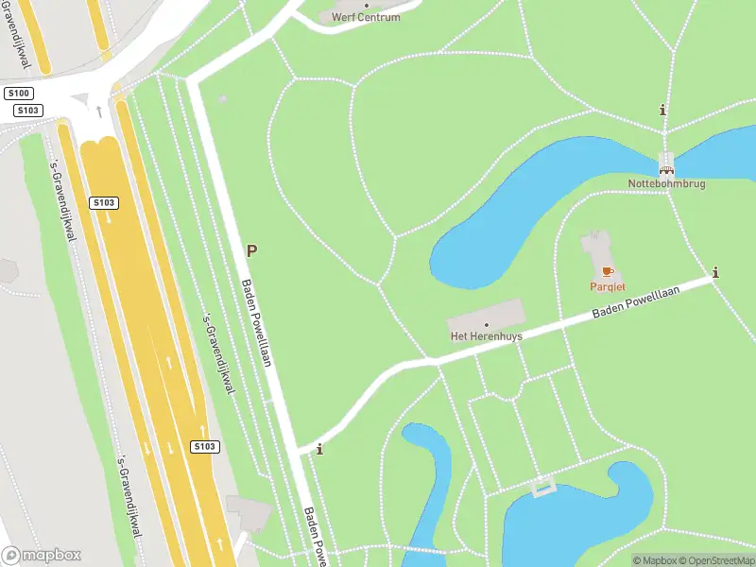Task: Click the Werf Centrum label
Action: pyautogui.click(x=366, y=17)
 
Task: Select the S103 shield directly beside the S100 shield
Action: pyautogui.click(x=26, y=111)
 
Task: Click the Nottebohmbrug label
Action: pyautogui.click(x=666, y=182)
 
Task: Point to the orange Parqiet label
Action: pyautogui.click(x=607, y=285)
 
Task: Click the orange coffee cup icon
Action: pyautogui.click(x=607, y=272)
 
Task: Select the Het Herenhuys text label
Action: pyautogui.click(x=486, y=336)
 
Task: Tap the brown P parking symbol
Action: pyautogui.click(x=251, y=250)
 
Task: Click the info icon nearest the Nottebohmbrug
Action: pyautogui.click(x=662, y=111)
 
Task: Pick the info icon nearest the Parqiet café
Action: pyautogui.click(x=715, y=273)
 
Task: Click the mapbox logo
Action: pyautogui.click(x=41, y=556)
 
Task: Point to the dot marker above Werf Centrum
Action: pyautogui.click(x=367, y=5)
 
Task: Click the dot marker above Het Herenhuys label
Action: pyautogui.click(x=487, y=325)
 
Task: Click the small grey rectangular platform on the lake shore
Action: pyautogui.click(x=542, y=488)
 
